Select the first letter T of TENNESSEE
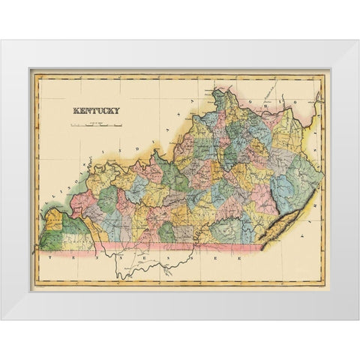[x=46, y=256]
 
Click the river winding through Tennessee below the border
[x=150, y=267]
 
